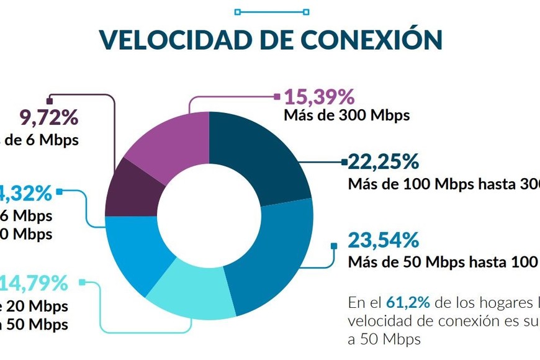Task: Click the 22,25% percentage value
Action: (x=383, y=163)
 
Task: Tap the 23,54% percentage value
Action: (x=383, y=240)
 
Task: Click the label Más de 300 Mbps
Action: (x=347, y=115)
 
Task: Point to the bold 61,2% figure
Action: (x=407, y=303)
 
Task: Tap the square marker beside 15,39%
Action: (x=277, y=96)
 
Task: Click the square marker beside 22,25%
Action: (x=344, y=163)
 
